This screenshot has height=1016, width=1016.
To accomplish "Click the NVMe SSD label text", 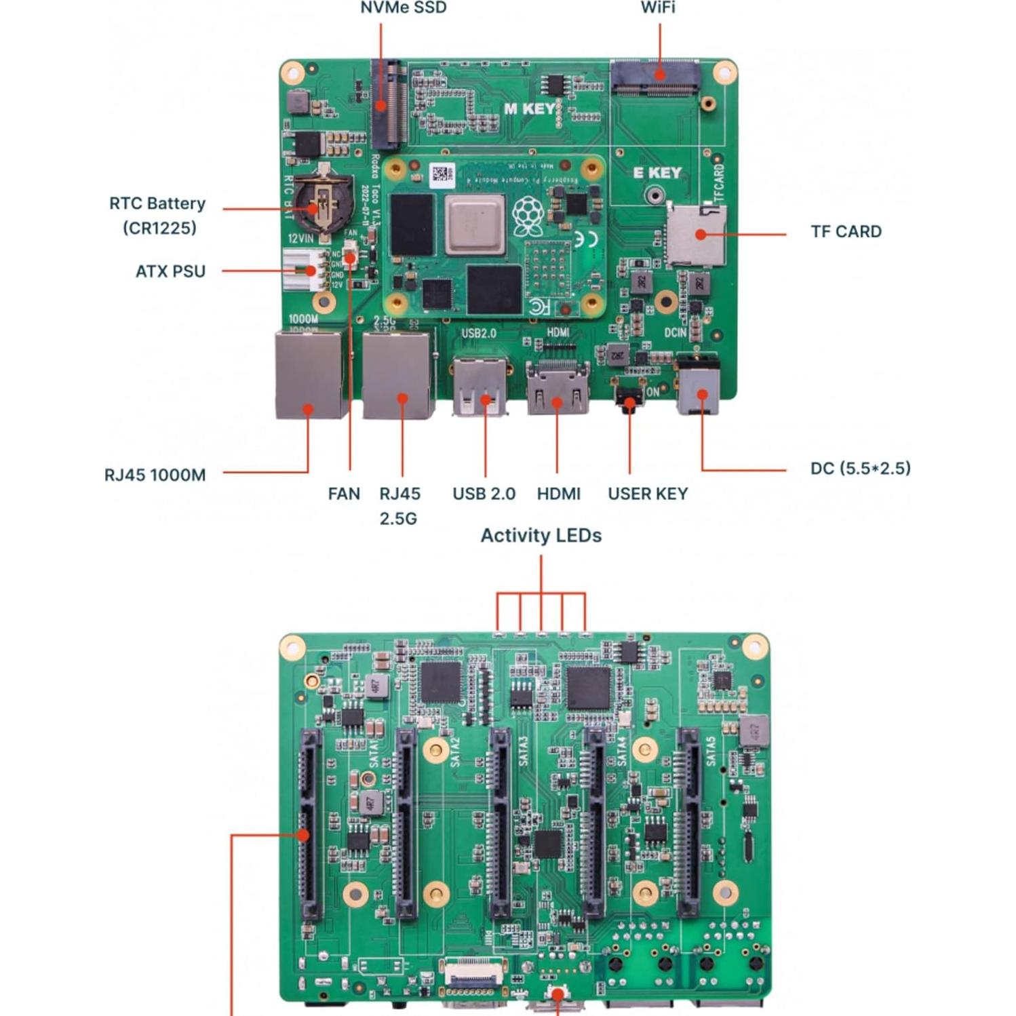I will pos(403,8).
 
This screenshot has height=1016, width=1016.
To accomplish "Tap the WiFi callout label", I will pos(657,8).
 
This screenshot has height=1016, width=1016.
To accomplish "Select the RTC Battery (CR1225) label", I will pos(157,215).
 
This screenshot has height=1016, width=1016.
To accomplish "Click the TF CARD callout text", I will pos(846,232).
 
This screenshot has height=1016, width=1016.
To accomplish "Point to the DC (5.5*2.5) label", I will pos(860,469).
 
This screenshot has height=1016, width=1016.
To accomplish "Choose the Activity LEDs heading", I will pos(541,536).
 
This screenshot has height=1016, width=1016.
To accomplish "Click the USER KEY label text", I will pos(647,494).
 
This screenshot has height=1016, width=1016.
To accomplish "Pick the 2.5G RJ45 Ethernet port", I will pos(397,376).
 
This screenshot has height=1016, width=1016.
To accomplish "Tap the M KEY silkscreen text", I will pos(530,109).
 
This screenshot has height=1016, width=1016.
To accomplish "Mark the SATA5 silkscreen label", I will pos(710,751).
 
